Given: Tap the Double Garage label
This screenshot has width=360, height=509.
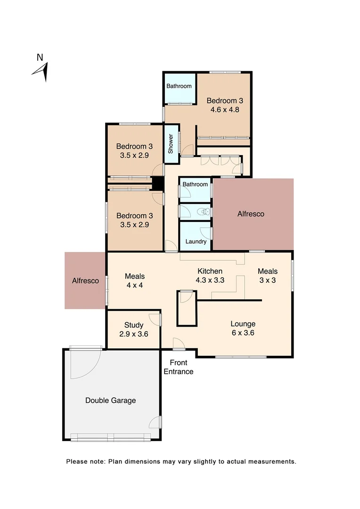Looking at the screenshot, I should click(x=110, y=401).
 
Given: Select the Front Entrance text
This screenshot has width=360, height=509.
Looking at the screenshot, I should click(x=179, y=367).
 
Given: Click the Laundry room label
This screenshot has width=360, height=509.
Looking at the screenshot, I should click(x=196, y=242).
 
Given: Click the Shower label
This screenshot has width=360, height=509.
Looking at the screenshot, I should click(x=171, y=144).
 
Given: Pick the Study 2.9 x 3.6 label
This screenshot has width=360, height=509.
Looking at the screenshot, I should click(x=134, y=329).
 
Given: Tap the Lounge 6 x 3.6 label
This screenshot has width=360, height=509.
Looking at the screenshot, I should click(x=243, y=328).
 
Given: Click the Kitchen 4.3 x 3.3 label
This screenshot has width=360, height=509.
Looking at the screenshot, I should click(x=210, y=275).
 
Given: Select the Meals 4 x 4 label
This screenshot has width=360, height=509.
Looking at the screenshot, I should click(x=134, y=280).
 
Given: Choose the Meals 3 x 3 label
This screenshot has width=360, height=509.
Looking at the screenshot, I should click(x=267, y=275).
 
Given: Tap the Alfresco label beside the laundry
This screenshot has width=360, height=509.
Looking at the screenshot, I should click(x=250, y=214).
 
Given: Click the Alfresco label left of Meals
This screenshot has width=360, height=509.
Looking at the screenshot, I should click(x=85, y=281).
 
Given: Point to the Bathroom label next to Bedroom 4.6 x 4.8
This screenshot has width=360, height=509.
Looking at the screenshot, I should click(x=179, y=86).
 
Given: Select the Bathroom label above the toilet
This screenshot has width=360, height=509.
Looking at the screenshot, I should click(x=195, y=184).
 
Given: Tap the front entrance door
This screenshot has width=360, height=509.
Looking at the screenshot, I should click(x=179, y=344).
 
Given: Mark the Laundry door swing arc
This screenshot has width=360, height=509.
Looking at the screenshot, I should click(x=205, y=233).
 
